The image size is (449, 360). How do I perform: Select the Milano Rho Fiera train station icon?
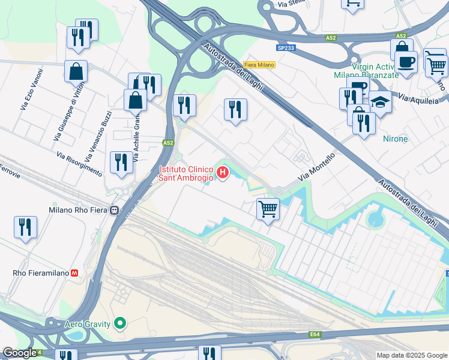tap(114, 211)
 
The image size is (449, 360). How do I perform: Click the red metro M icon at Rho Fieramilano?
tap(75, 272)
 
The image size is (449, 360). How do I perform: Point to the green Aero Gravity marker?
tap(121, 324)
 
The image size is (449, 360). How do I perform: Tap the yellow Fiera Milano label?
tap(259, 65)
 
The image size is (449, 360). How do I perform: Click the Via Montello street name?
tap(316, 167)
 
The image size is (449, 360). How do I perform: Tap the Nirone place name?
tap(395, 139)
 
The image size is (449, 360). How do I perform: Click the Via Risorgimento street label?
tap(79, 163)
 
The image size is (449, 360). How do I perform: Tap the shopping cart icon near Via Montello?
tap(268, 209)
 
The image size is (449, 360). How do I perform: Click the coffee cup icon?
tap(406, 61)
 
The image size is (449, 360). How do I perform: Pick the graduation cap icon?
tap(379, 103)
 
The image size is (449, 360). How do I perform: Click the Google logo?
tap(19, 353)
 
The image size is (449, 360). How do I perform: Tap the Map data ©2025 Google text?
tap(411, 355)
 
